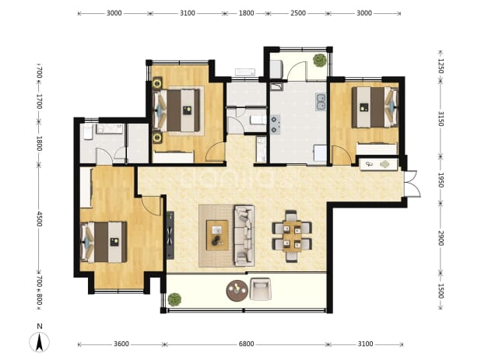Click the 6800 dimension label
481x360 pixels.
(x=246, y=344)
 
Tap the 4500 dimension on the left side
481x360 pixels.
(x=39, y=218)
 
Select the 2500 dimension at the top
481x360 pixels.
(x=298, y=13)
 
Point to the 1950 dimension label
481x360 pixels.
(x=441, y=180)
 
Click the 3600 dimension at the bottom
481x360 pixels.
(x=121, y=344)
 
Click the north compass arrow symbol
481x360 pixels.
(x=39, y=342)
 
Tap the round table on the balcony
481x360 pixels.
(x=237, y=291)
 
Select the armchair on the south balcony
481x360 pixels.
(x=261, y=289)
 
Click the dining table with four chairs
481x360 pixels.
(x=292, y=236)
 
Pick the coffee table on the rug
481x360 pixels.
(x=217, y=235)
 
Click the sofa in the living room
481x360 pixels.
(x=244, y=236)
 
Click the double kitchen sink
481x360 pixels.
(x=321, y=102)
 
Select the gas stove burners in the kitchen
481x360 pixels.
(x=275, y=124)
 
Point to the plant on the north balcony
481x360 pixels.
(x=320, y=60)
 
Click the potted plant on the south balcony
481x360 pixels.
(x=174, y=299)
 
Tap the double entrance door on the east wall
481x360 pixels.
(x=413, y=183)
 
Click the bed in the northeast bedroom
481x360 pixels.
(x=374, y=107)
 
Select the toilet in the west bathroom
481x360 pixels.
(x=88, y=131)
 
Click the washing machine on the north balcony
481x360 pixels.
(x=276, y=69)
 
